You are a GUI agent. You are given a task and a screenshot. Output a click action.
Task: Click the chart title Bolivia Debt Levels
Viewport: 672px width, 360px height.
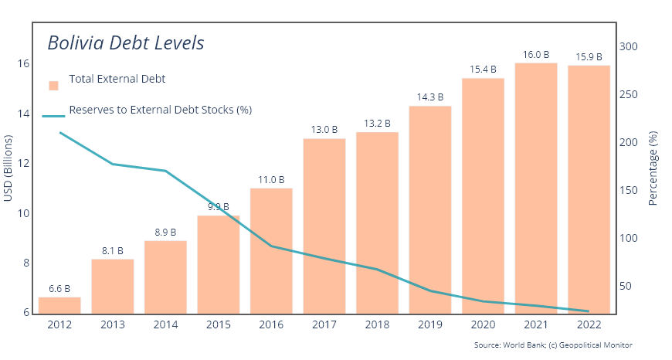point(125,42)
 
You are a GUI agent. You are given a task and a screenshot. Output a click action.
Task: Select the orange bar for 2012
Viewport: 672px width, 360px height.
point(59,305)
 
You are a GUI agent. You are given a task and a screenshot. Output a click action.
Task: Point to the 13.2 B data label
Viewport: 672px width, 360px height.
point(377,124)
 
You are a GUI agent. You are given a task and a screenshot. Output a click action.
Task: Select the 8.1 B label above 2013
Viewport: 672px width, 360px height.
point(113,251)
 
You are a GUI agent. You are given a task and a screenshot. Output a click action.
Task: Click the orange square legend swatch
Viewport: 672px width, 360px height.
point(53,85)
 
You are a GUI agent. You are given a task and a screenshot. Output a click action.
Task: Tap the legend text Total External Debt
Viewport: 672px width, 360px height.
point(117,79)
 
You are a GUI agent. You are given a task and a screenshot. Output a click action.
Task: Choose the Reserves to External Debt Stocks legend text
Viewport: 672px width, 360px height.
point(161,110)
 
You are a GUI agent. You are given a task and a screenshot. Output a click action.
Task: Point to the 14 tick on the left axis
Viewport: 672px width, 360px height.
point(24,114)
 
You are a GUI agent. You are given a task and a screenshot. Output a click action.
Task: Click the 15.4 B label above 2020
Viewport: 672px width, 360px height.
point(483,70)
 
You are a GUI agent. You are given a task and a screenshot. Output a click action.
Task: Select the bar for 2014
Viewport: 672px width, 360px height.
point(165,277)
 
